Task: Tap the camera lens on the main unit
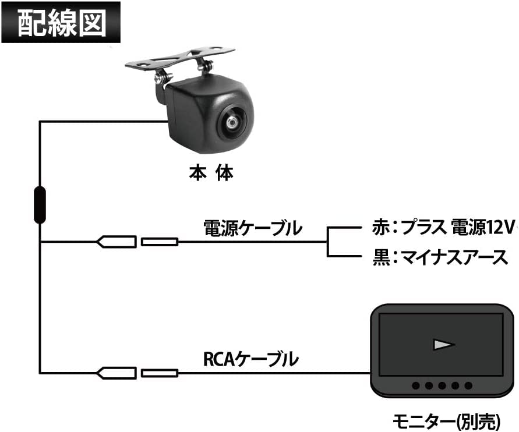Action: point(232,123)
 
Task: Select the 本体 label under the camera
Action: point(211,173)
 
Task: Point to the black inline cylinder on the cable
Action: point(40,205)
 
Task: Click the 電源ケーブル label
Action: point(252,227)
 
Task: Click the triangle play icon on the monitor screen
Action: point(443,345)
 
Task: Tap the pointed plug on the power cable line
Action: point(116,241)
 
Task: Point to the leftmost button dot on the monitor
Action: point(416,385)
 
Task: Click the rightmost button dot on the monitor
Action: point(469,385)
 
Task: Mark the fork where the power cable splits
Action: point(328,241)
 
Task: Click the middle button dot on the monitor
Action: point(443,385)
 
